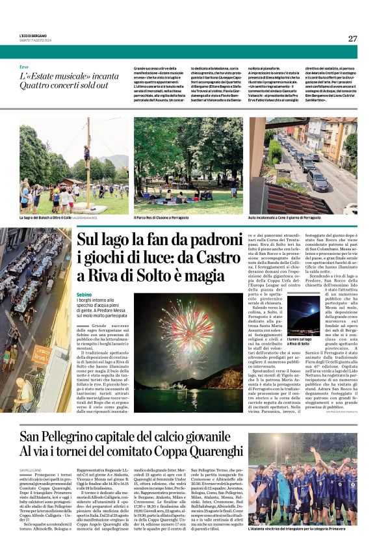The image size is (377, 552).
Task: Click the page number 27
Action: point(352,38)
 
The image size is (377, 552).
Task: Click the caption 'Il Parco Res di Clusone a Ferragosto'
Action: point(161,218)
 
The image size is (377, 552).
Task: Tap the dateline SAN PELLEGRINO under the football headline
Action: point(31,469)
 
